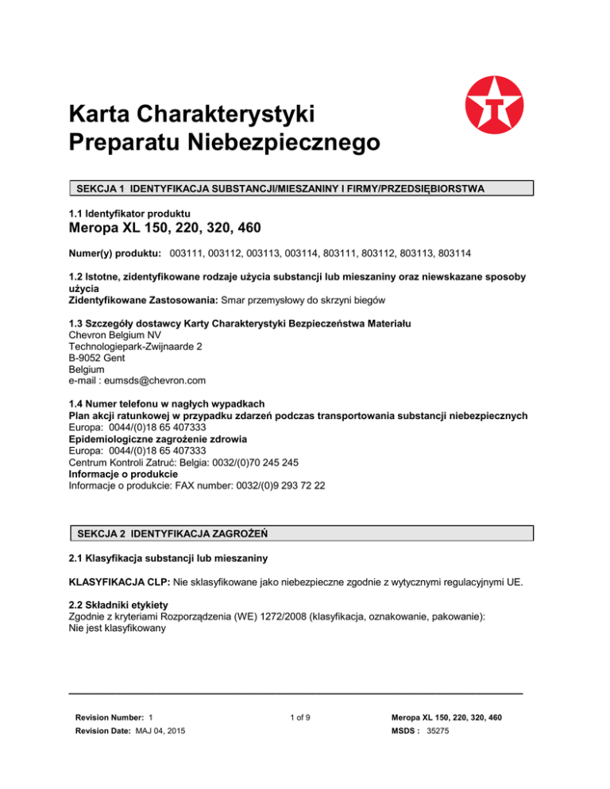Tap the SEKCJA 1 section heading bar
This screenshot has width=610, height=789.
point(300,189)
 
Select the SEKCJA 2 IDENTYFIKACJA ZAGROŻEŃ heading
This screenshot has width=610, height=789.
point(175,533)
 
